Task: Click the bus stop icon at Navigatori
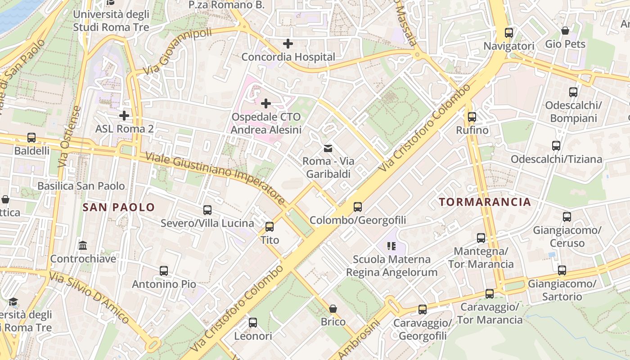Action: click(508, 33)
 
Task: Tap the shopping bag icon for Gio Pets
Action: click(565, 31)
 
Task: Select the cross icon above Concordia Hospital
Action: click(288, 44)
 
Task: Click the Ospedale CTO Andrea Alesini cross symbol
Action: click(266, 103)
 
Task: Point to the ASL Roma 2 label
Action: click(125, 129)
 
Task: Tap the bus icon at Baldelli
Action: click(31, 138)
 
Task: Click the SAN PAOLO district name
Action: click(119, 207)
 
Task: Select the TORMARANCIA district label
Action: click(485, 202)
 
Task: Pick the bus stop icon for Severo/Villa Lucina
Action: click(207, 210)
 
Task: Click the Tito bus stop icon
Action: click(270, 227)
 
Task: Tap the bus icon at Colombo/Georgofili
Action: click(358, 207)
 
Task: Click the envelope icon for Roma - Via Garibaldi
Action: click(328, 148)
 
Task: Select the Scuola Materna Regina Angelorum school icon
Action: click(391, 246)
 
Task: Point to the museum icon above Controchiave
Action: click(83, 246)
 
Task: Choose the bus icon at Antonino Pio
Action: click(164, 271)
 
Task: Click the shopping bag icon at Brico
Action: click(333, 309)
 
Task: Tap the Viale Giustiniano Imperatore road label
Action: click(216, 178)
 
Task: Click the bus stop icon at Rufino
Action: click(472, 117)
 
